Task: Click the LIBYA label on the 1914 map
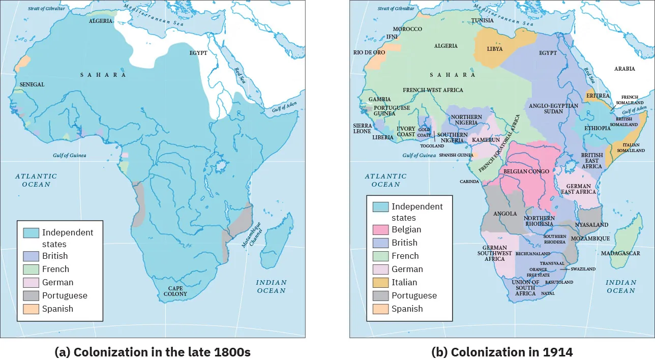494,49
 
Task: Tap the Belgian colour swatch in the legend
381,230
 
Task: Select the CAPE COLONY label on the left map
175,291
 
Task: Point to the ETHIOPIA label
597,128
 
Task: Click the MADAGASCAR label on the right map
620,253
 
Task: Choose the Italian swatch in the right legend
381,283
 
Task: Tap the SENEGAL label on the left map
33,84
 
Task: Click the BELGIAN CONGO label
526,172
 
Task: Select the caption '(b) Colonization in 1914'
502,352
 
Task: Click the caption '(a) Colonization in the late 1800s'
153,352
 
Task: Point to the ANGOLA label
505,214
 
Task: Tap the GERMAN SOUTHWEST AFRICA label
494,253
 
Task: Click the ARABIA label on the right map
624,69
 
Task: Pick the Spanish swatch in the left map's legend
31,309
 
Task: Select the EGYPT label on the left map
198,53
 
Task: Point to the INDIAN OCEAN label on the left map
271,286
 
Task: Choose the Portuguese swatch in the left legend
31,296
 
